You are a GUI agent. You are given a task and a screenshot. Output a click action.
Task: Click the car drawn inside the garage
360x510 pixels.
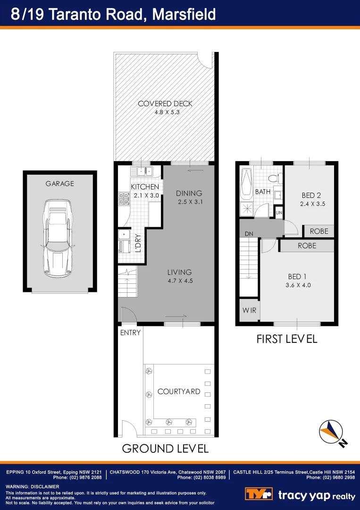point(59,238)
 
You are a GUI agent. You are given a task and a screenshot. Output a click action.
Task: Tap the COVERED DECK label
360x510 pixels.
point(165,104)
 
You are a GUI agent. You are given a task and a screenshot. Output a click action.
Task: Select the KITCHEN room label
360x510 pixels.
point(145,187)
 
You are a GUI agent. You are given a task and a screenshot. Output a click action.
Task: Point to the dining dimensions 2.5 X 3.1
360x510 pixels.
point(189,202)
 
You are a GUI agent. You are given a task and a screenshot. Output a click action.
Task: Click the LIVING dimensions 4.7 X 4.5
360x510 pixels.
point(180,280)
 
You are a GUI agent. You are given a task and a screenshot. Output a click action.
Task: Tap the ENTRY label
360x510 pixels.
point(130,333)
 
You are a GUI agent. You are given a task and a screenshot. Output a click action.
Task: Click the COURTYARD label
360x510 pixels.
point(179,391)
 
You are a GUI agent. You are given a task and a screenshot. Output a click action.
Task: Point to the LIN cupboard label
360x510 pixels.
point(279,213)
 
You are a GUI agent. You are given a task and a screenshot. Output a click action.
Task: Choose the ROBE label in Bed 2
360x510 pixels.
point(319,231)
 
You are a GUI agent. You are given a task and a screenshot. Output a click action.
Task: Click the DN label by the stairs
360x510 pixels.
point(249,234)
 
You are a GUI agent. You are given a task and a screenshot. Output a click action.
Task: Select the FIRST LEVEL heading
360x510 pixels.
point(286,339)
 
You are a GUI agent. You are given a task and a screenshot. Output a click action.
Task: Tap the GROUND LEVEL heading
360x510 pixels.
point(165,448)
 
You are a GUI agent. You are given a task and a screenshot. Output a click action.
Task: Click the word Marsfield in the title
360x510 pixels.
point(184,14)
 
